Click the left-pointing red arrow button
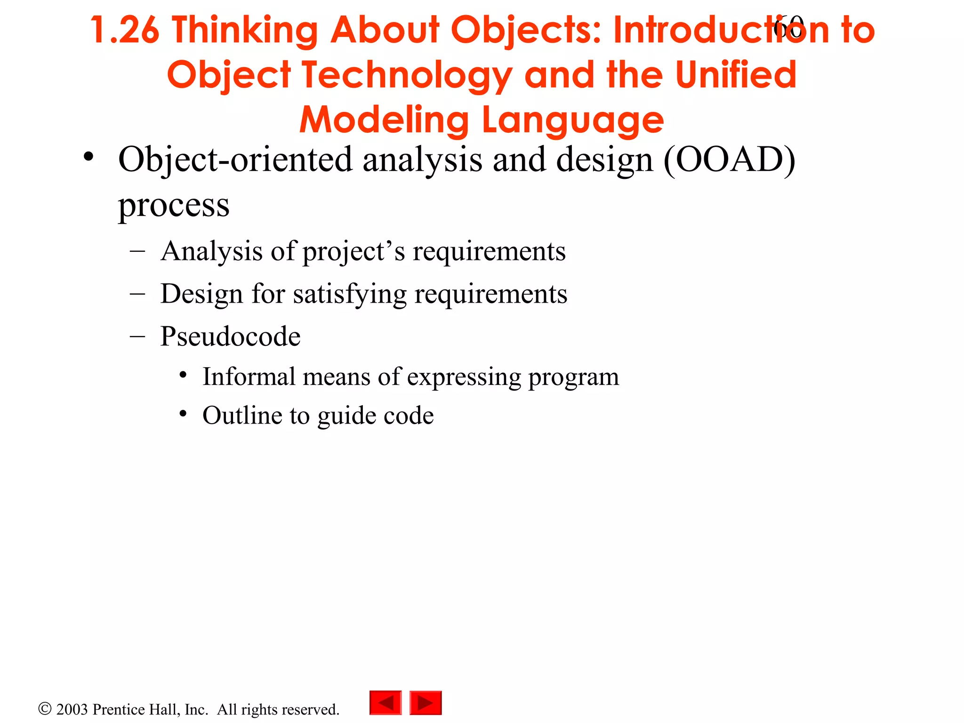click(386, 703)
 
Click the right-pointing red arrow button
click(426, 703)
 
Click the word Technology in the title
click(407, 75)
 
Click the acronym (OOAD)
click(729, 160)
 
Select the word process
click(174, 205)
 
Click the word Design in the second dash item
click(201, 294)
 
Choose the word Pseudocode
click(230, 337)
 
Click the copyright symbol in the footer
click(45, 709)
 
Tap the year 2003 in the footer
click(72, 709)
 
